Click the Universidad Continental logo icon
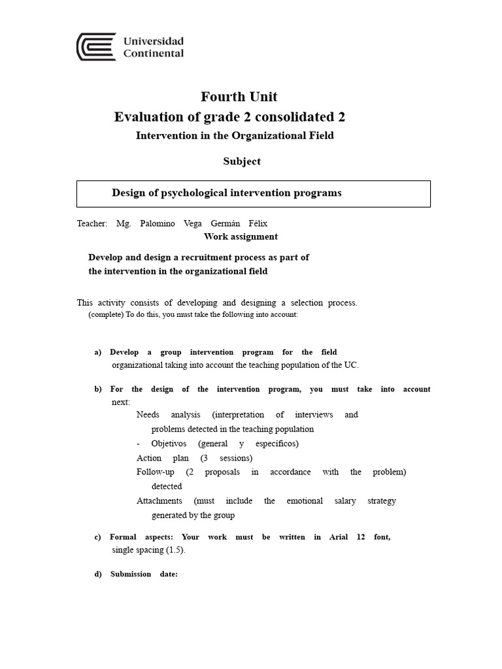96,47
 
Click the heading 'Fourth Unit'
239,97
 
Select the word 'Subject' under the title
242,161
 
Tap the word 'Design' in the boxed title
128,193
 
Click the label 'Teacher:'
92,223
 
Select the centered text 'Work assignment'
241,237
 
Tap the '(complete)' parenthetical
105,314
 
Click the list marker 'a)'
98,352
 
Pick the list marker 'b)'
98,389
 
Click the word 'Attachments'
159,501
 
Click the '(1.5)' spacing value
174,550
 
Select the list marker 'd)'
98,574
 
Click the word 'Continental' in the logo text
154,54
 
